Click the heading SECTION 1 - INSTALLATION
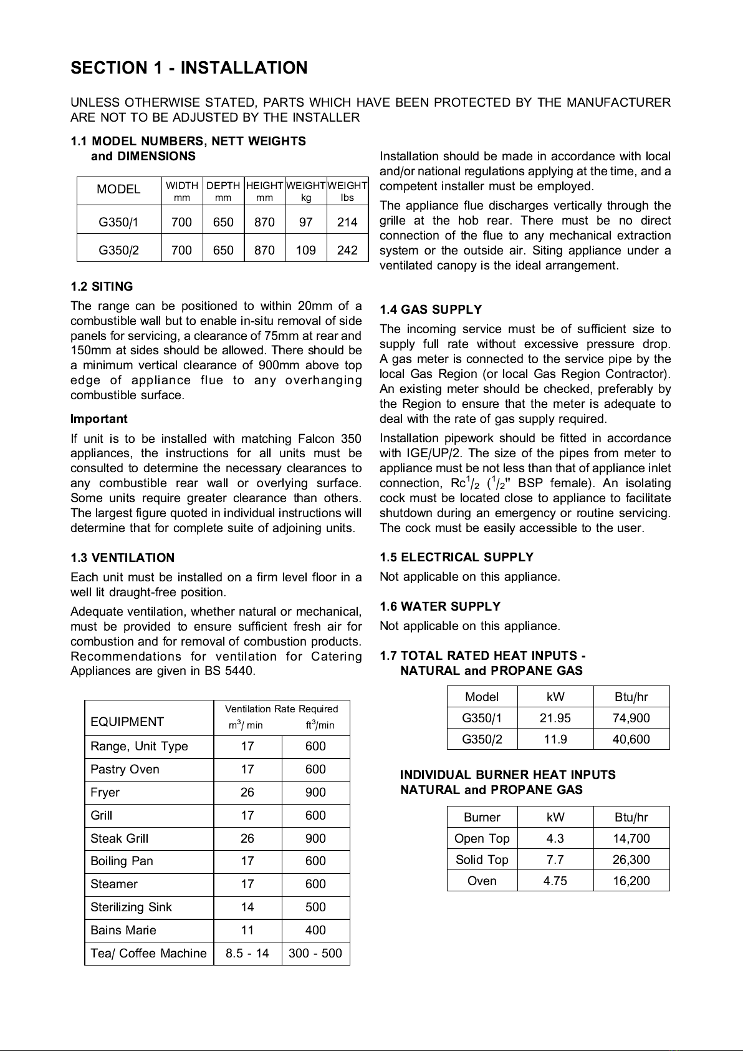189,68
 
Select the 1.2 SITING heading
102,287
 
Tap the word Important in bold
99,419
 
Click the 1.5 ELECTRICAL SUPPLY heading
457,557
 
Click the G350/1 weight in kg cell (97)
305,221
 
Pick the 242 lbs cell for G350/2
347,250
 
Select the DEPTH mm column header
223,191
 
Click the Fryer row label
105,792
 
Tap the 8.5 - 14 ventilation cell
247,953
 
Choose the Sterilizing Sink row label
131,907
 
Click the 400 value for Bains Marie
315,930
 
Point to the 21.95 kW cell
555,718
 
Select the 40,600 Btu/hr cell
631,739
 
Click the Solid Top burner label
482,860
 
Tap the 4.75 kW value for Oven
555,881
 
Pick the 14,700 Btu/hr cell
631,838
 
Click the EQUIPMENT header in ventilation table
127,722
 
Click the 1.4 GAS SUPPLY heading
431,310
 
